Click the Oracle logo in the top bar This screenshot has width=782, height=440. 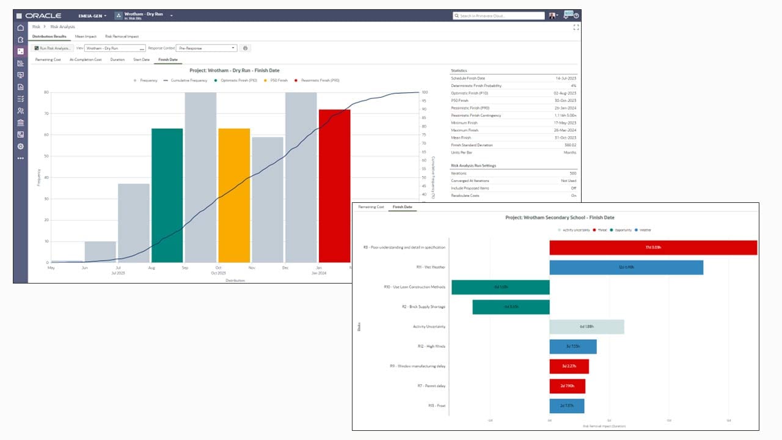[43, 15]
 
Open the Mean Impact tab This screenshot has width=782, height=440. [86, 37]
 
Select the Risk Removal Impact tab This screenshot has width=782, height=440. [122, 37]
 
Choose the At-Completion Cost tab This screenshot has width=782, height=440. [86, 60]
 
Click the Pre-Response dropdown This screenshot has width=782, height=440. [206, 48]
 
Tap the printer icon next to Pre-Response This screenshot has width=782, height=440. [246, 48]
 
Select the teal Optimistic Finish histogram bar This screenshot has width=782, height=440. [167, 196]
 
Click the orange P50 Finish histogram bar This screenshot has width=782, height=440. [234, 196]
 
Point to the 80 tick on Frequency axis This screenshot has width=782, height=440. [46, 92]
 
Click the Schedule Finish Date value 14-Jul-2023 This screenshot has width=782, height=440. [565, 78]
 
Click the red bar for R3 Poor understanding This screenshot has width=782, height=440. [652, 248]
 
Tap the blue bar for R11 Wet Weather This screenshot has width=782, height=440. [626, 267]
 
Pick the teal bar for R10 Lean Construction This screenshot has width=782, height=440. [500, 287]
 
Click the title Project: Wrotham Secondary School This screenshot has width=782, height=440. [560, 218]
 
